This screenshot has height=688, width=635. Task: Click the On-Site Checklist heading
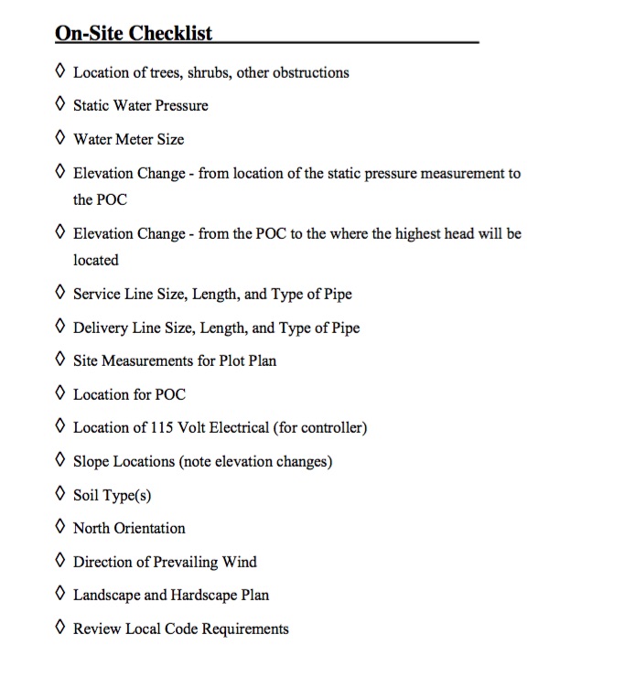134,34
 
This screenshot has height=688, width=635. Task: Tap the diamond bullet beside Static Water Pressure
60,104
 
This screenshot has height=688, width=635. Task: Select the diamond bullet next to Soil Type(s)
60,494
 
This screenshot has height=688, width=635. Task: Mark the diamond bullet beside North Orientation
60,527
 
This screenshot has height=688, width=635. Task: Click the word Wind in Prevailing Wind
240,562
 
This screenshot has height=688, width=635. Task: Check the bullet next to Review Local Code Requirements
60,628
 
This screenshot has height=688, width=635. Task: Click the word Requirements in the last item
243,629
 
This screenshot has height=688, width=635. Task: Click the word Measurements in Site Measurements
146,360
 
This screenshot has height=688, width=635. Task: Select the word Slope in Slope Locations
92,461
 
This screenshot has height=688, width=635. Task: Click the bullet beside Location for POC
60,393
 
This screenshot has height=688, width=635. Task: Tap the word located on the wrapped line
96,260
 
